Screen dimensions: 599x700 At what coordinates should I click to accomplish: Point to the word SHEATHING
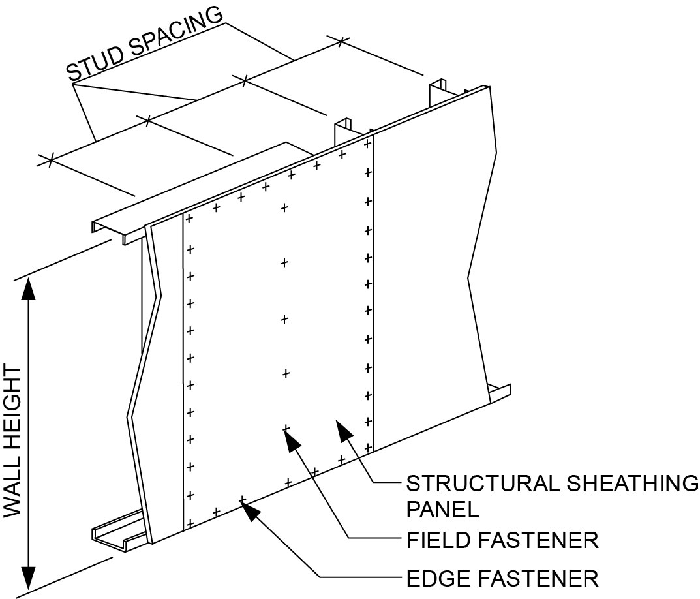pyautogui.click(x=627, y=484)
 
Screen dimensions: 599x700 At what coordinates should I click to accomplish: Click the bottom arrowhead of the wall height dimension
pyautogui.click(x=28, y=577)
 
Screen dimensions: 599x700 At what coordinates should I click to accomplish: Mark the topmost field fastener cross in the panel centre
pyautogui.click(x=284, y=208)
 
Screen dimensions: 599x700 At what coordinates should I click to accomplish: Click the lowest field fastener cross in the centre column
pyautogui.click(x=285, y=428)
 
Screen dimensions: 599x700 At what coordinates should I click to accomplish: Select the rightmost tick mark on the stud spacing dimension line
pyautogui.click(x=340, y=41)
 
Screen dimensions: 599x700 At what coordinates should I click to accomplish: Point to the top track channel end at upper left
pyautogui.click(x=104, y=228)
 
